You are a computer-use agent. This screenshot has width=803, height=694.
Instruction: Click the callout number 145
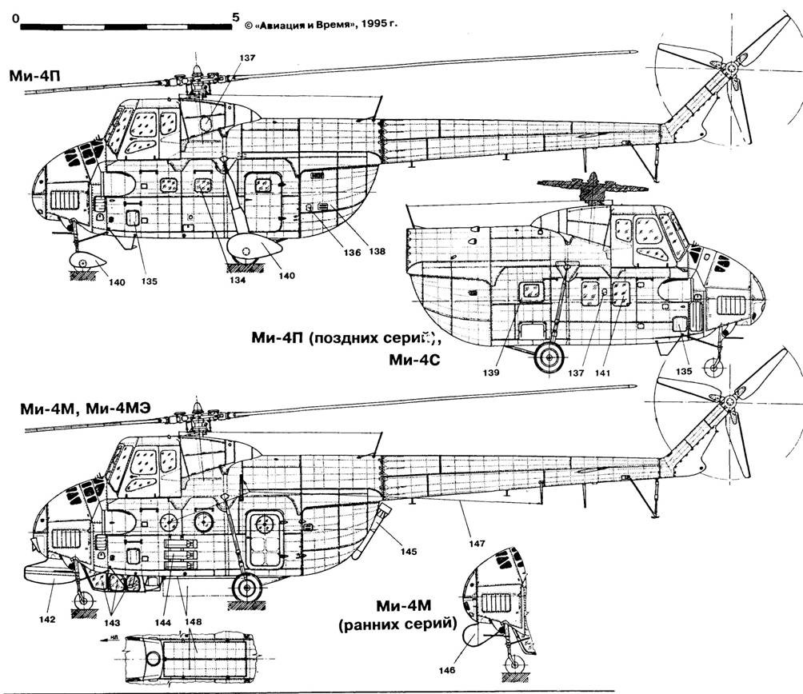tap(409, 551)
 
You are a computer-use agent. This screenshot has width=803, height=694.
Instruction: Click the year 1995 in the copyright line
tap(365, 24)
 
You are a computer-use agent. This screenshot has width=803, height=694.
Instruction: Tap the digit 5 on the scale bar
tap(234, 15)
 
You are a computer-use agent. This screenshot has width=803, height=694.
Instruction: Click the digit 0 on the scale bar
tap(17, 15)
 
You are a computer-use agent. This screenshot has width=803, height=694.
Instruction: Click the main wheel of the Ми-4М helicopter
tap(246, 588)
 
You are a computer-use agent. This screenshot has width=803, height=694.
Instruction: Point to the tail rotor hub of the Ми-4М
tap(731, 401)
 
